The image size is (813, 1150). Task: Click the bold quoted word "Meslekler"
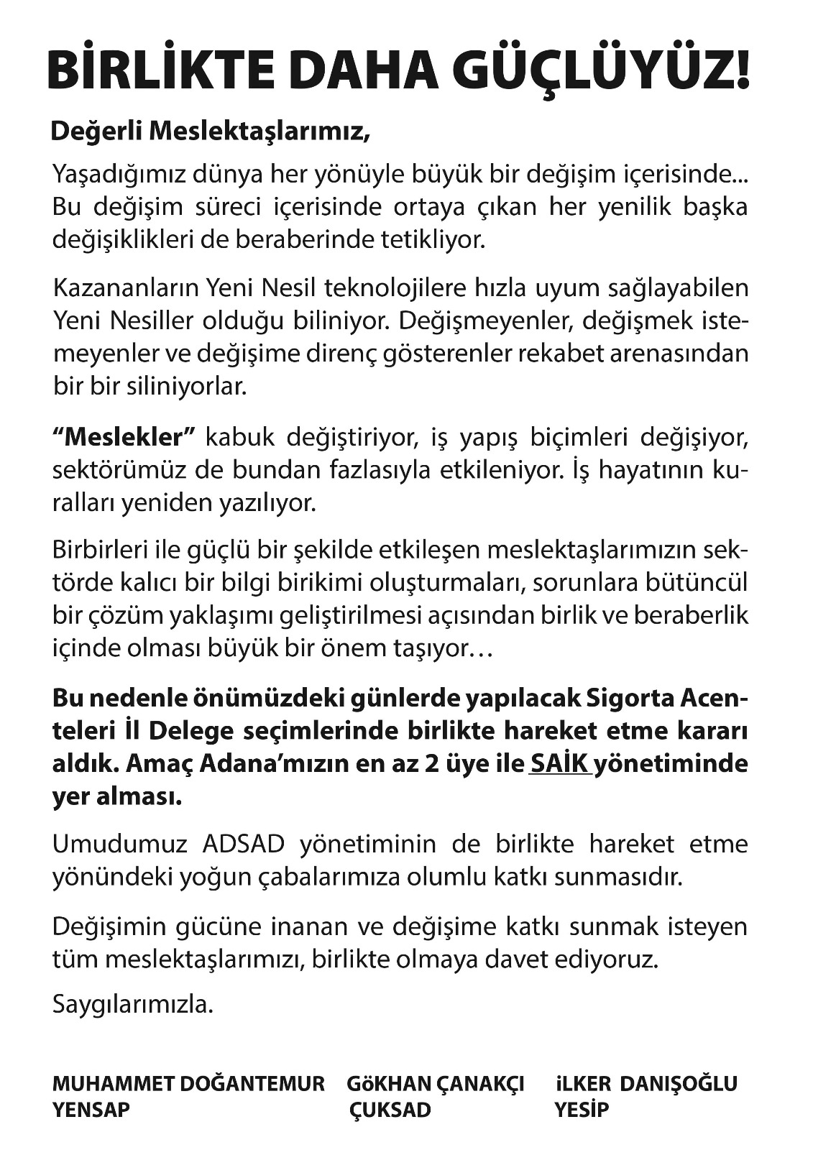point(124,436)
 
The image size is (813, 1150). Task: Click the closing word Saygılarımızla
point(133,1003)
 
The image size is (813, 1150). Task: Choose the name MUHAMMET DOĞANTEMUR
point(188,1083)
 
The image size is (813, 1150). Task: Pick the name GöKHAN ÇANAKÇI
point(436,1083)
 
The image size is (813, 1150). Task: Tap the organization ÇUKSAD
point(390,1110)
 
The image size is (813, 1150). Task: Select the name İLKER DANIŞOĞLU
point(646,1083)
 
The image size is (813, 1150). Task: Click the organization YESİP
point(581,1110)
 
